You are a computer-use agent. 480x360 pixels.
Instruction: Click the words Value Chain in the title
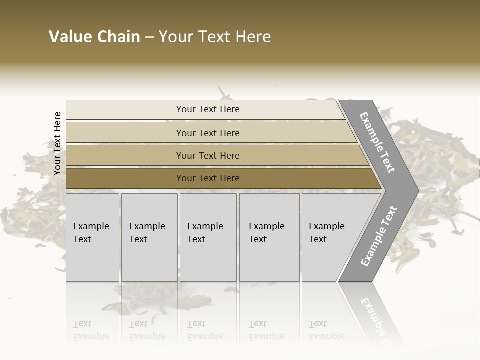coord(94,37)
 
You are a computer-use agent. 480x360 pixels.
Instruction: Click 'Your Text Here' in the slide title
coord(215,37)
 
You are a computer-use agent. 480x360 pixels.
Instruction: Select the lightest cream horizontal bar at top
coord(125,110)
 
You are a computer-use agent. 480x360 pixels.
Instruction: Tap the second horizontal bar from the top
coord(125,133)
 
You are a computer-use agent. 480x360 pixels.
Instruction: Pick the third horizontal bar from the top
coord(125,155)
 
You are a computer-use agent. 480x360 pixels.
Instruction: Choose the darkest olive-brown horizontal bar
coord(125,178)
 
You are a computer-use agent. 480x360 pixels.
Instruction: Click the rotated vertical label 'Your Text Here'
coord(57,143)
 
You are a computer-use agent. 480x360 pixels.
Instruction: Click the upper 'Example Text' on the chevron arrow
coord(377,142)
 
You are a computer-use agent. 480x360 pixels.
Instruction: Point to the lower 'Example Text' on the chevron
coord(378,236)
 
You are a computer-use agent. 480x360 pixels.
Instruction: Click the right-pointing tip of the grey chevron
coord(414,190)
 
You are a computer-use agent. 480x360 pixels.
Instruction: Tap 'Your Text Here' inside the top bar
coord(208,109)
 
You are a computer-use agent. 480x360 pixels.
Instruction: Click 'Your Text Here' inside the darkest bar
coord(208,178)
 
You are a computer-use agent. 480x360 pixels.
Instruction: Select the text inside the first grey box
coord(91,232)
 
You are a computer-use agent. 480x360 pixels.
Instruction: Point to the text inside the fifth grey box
coord(326,232)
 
